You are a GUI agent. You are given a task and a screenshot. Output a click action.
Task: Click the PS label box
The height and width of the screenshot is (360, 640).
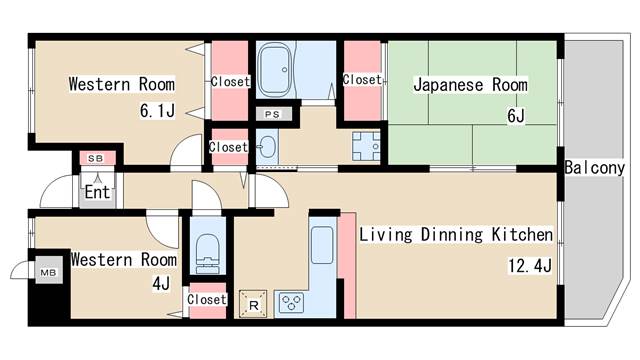tap(272, 114)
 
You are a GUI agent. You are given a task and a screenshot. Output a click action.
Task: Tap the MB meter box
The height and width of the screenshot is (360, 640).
tap(49, 270)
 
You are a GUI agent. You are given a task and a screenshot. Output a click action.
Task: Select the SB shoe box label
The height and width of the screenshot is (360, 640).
tap(96, 158)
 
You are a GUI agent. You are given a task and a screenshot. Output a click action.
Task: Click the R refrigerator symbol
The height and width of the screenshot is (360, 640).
tap(253, 304)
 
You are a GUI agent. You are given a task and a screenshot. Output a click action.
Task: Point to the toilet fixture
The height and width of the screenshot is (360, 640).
tap(208, 253)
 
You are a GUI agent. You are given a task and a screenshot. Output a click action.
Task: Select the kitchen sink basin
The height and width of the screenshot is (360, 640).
tap(322, 245)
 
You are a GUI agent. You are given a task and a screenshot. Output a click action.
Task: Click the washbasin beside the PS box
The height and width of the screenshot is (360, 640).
tap(267, 145)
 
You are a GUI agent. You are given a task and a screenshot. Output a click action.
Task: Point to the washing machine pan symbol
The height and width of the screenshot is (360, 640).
tap(366, 146)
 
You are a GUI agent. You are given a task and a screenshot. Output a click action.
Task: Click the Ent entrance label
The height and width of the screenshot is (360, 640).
tap(97, 192)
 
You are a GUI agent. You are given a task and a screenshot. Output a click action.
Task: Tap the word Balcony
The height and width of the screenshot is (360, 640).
tap(594, 168)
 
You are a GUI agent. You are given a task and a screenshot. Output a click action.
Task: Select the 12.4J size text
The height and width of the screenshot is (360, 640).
tap(530, 266)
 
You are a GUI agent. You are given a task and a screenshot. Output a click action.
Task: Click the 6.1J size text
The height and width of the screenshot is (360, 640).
tap(157, 111)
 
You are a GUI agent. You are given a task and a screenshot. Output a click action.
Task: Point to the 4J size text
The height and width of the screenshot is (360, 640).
tap(161, 283)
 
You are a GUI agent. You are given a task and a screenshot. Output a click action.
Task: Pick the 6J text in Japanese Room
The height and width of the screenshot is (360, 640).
tap(516, 116)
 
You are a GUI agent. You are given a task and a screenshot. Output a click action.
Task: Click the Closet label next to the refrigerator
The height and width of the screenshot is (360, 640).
tap(207, 299)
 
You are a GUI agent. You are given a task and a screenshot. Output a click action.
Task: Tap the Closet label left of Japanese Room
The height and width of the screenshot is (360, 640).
tap(362, 79)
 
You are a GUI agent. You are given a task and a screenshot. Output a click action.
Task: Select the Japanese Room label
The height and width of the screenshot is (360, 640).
tap(470, 85)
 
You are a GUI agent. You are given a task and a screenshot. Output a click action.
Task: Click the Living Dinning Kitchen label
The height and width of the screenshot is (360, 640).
tap(456, 235)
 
